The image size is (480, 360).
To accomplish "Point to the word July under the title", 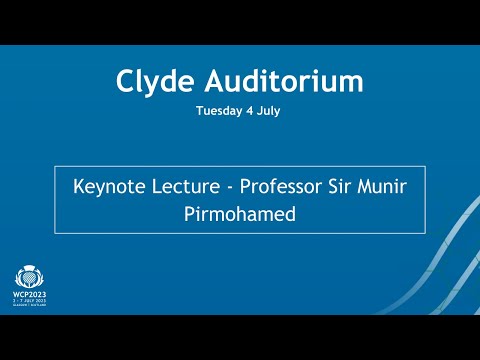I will tap(268, 111).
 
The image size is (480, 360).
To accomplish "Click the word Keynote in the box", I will tap(109, 187).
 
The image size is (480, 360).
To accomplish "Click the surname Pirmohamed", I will tap(240, 213).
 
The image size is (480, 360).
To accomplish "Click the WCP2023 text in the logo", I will tap(27, 294).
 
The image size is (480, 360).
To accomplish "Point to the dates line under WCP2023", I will tap(27, 302).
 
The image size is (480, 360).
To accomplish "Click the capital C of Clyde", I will tap(125, 81).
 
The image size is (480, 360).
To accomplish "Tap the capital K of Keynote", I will tap(80, 187).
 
